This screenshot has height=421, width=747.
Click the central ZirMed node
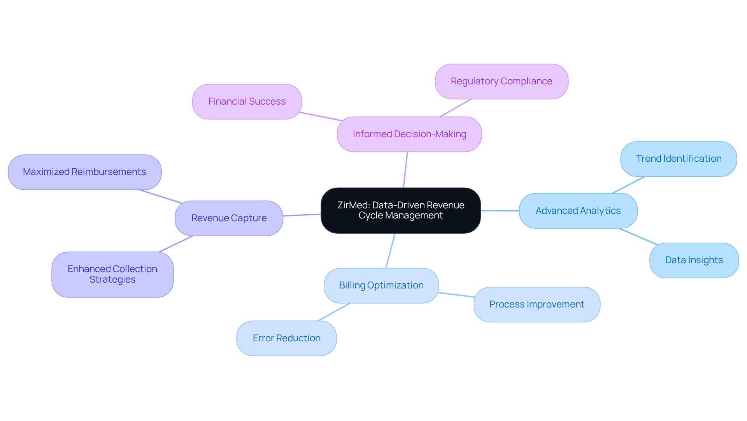point(400,210)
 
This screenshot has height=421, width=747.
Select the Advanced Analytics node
point(578,211)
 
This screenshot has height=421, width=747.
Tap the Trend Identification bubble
point(678,159)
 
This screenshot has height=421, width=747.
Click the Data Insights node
point(694,260)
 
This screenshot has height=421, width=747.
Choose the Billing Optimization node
point(381,285)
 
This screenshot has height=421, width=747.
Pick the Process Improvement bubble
point(537,304)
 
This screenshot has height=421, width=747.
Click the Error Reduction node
point(286,338)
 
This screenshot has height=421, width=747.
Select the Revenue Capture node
point(229,218)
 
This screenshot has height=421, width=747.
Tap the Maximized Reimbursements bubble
point(84,172)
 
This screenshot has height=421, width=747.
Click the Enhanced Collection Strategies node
point(112,274)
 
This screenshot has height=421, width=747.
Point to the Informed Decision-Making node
point(409,134)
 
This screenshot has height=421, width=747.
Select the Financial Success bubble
point(247,101)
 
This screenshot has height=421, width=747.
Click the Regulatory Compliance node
point(501,81)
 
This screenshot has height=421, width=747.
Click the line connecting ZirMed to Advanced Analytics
point(500,211)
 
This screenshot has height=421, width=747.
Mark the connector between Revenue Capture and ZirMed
point(302,215)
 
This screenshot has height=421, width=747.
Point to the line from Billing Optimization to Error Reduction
point(334,312)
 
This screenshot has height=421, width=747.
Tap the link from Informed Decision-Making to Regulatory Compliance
point(456,108)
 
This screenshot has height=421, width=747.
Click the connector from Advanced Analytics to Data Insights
point(638,236)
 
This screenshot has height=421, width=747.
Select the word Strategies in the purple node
point(112,280)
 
